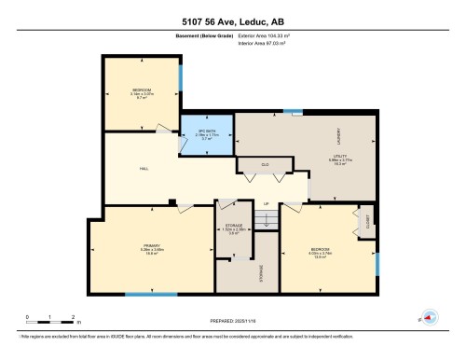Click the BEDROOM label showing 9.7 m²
tap(135, 93)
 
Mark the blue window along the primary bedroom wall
tap(151, 295)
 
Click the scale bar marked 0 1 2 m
tap(51, 317)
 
